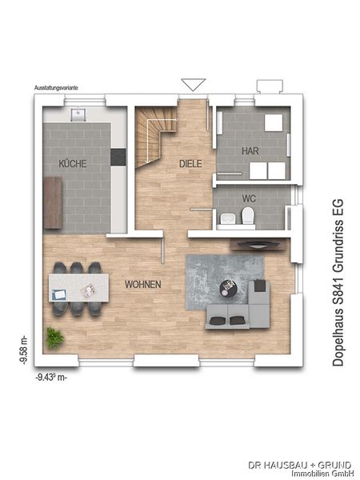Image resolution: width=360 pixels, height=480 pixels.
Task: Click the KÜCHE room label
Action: tap(72, 163)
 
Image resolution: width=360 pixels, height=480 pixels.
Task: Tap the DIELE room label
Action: tap(190, 163)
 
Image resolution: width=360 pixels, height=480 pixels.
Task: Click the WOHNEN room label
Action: tap(143, 285)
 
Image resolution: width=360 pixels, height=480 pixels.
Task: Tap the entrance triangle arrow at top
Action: tap(194, 84)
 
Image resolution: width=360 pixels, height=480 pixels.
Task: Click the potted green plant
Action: tap(54, 337)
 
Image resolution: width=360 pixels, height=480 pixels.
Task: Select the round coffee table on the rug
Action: tap(229, 284)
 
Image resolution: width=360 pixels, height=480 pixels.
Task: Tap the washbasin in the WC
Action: tap(227, 218)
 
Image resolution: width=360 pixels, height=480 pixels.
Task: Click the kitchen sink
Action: tap(79, 114)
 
